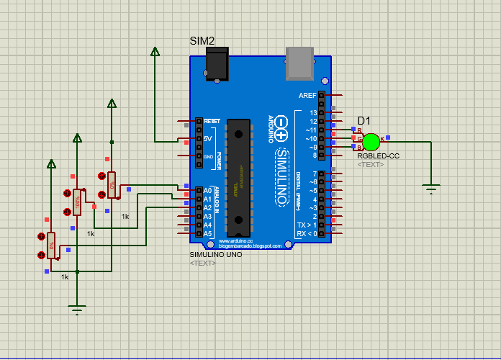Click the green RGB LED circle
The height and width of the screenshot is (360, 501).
point(371,141)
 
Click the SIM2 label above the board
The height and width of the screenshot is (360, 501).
point(202,41)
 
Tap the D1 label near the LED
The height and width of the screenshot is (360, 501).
point(364,120)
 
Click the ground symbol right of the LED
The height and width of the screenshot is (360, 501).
point(431,189)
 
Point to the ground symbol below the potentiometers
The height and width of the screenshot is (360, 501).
point(77,310)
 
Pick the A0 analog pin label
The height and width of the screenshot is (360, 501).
point(208,190)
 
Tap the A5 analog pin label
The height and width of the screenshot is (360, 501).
point(208,233)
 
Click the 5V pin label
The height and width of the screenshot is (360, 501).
point(208,138)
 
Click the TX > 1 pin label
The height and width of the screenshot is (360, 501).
point(307,225)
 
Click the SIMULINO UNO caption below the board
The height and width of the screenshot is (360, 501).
point(215,255)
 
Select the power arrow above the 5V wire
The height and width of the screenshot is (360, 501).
point(155,51)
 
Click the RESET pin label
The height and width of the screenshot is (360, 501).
point(212,121)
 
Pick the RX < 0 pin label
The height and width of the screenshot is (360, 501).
point(307,233)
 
